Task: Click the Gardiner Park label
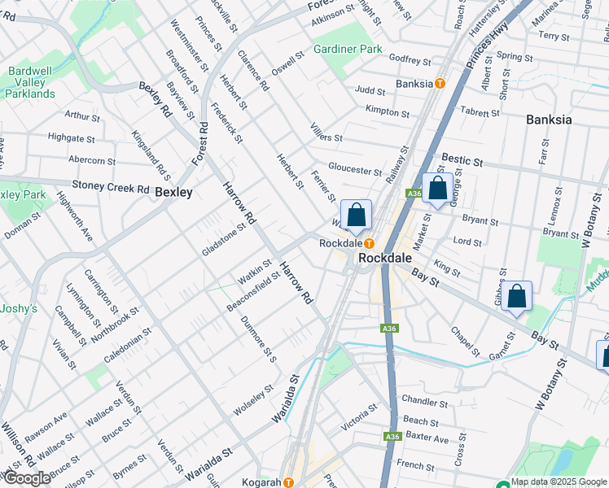click(348, 49)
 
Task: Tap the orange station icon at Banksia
click(440, 84)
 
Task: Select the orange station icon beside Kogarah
click(288, 482)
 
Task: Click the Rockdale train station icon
click(369, 243)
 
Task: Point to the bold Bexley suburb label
click(173, 192)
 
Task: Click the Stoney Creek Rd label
click(111, 187)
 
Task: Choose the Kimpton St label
click(388, 111)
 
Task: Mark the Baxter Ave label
click(427, 439)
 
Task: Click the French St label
click(416, 465)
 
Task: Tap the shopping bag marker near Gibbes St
click(516, 297)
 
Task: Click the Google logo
click(27, 479)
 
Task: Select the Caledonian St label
click(127, 346)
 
